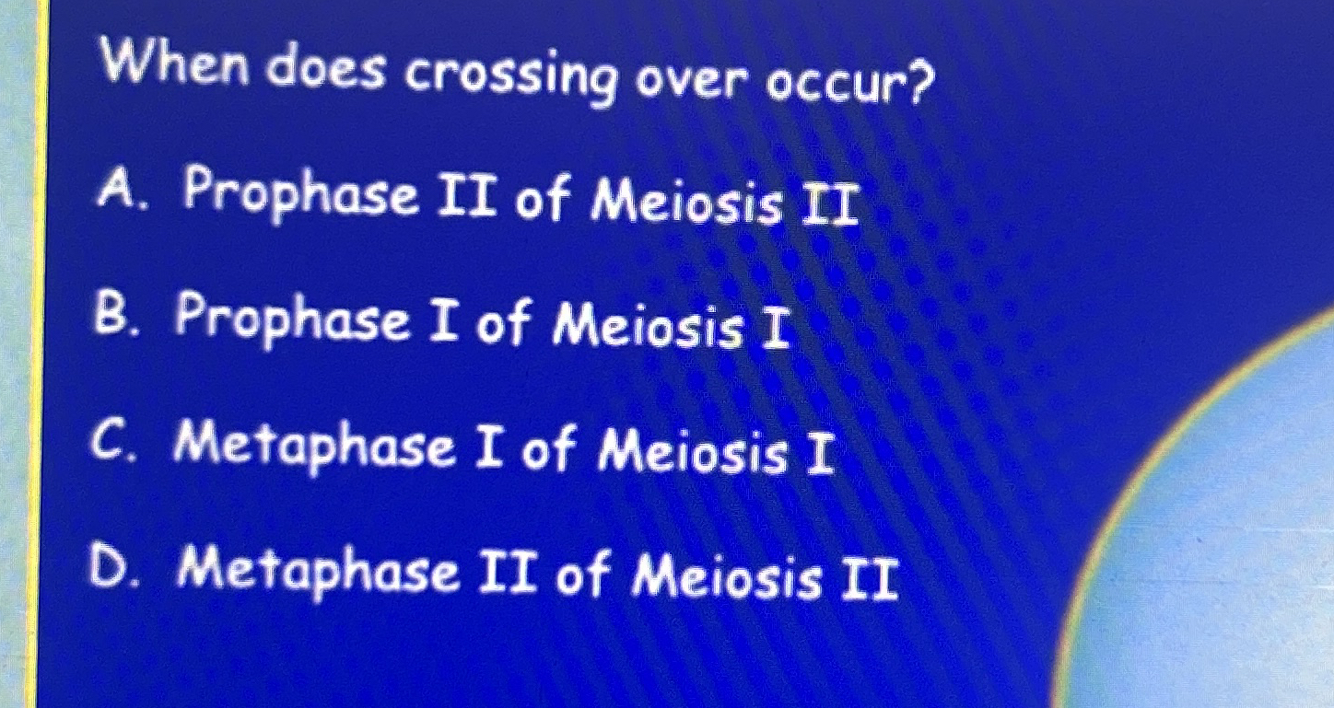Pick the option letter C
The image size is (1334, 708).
113,443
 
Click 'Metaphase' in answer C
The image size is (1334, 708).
315,447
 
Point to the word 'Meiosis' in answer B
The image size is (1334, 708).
649,329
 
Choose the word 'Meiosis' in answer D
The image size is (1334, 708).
727,579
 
